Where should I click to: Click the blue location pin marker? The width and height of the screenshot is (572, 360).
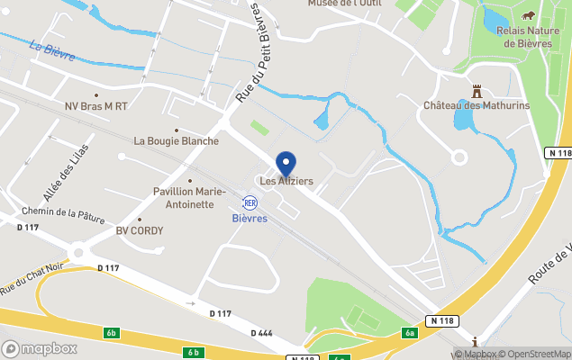pyautogui.click(x=286, y=164)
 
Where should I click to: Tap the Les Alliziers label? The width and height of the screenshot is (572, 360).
pyautogui.click(x=286, y=182)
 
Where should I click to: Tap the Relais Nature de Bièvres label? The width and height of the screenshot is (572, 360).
pyautogui.click(x=529, y=36)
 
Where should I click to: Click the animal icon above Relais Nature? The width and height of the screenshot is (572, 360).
pyautogui.click(x=529, y=16)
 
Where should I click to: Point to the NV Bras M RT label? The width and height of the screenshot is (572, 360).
pyautogui.click(x=96, y=106)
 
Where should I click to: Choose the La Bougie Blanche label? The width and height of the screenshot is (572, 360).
pyautogui.click(x=177, y=141)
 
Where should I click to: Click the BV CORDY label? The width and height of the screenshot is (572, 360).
pyautogui.click(x=140, y=231)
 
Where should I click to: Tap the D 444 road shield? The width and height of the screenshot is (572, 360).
pyautogui.click(x=265, y=333)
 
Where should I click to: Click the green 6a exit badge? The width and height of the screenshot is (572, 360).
pyautogui.click(x=411, y=333)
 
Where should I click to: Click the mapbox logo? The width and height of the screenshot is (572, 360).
pyautogui.click(x=40, y=348)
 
